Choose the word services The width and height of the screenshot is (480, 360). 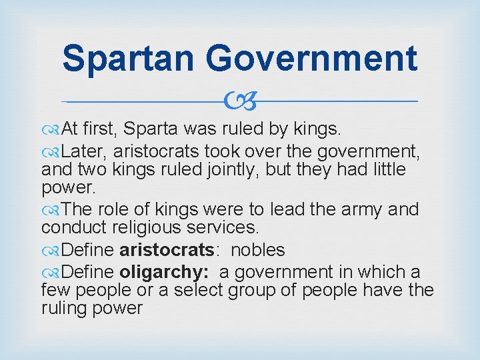(226, 228)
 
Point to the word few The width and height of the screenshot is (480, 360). (56, 291)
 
